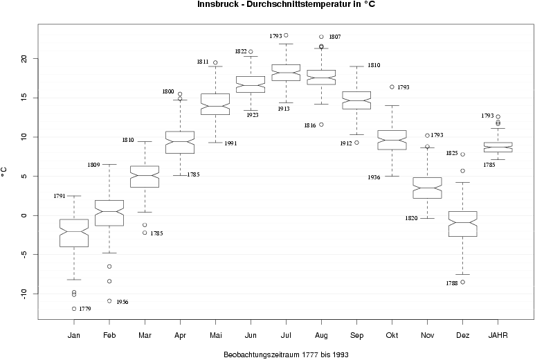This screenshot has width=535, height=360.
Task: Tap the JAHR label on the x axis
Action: [x=498, y=336]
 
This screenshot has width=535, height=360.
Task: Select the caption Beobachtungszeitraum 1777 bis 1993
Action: [x=286, y=354]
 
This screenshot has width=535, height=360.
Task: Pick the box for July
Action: [x=286, y=72]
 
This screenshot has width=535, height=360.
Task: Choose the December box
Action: [x=463, y=224]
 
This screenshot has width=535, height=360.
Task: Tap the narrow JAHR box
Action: [x=498, y=147]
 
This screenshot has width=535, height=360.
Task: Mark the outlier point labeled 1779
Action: [x=74, y=308]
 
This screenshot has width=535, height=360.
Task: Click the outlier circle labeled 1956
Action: [x=109, y=300]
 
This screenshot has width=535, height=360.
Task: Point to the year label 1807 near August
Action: [x=335, y=37]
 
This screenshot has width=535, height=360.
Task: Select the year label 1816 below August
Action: [x=309, y=125]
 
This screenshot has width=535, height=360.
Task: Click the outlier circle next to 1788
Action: [x=463, y=282]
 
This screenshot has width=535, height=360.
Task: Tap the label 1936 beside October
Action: [x=374, y=177]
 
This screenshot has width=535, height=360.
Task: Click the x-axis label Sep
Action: [x=356, y=336]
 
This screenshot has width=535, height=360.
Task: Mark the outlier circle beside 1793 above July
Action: [x=286, y=35]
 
